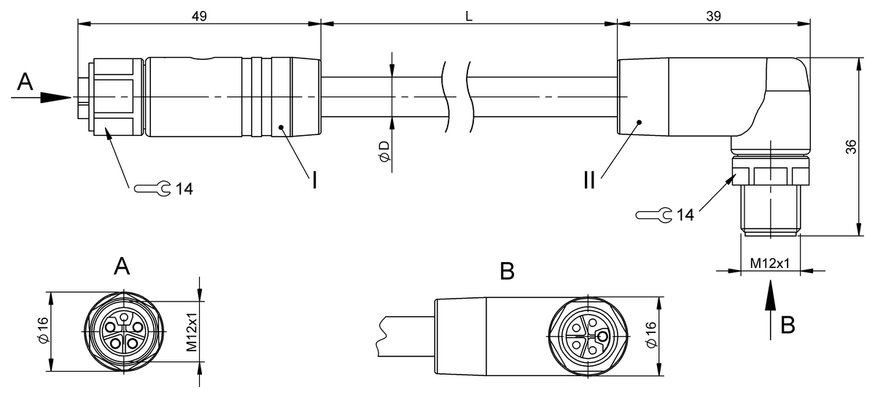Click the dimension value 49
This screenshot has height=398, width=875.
point(199,16)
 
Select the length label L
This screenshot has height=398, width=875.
point(469,16)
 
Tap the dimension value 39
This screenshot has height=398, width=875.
point(714,16)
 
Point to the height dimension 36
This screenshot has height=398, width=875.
point(851,147)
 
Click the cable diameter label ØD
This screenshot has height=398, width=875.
point(384,151)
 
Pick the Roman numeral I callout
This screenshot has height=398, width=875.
point(314,180)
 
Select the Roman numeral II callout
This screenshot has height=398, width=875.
point(589,180)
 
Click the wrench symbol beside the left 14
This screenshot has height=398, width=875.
point(152,188)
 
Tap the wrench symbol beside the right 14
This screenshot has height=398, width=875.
point(654,215)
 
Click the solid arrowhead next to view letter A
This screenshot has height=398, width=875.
point(56,97)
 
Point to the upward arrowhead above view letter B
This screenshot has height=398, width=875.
point(770,295)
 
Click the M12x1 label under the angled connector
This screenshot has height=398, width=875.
point(770,264)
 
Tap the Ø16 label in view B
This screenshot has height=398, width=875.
point(651,334)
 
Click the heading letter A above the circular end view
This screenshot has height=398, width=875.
point(122,267)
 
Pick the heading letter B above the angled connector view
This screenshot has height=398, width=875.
point(507,271)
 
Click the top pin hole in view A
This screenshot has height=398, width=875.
point(124,317)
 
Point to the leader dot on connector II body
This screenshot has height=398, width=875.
point(639,123)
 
